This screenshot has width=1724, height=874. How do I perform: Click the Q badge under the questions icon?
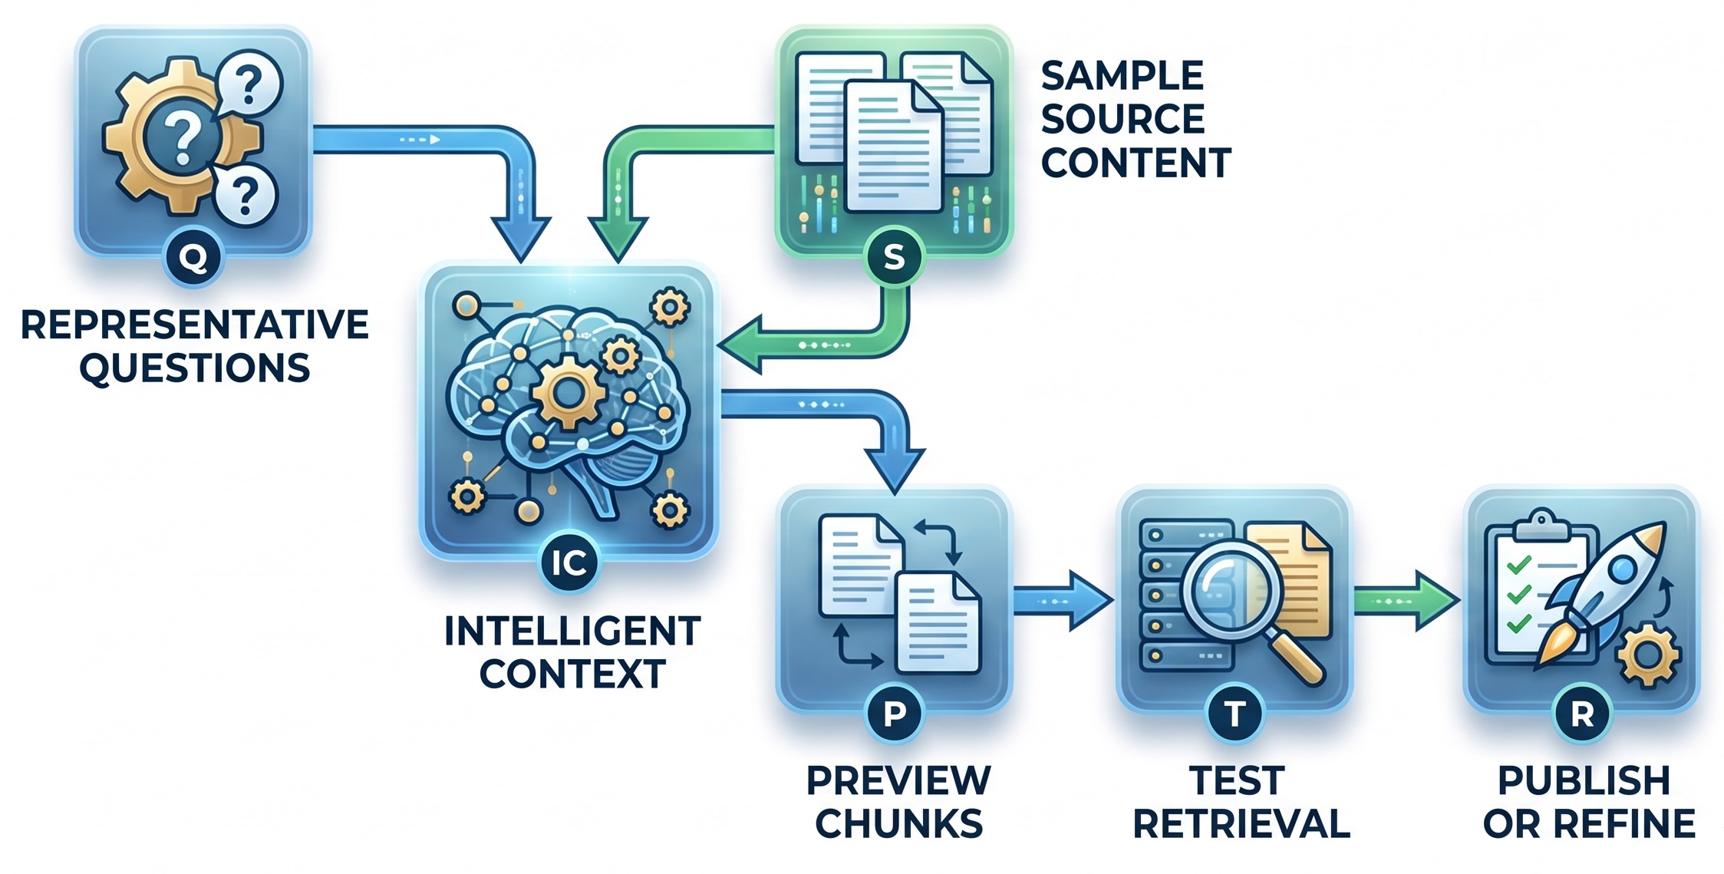193,258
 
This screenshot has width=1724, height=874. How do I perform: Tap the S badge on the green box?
894,257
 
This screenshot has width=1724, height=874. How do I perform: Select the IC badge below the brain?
569,562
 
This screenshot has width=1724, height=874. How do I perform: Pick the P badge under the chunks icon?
895,714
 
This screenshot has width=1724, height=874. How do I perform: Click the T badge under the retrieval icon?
1234,714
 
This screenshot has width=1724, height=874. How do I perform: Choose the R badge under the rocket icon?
1582,714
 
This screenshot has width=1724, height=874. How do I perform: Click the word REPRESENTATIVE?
195,325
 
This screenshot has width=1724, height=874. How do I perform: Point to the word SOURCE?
1122,119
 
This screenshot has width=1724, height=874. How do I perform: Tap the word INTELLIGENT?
572,632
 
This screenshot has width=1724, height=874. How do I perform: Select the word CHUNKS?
898,823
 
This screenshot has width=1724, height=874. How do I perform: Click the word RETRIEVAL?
1241,823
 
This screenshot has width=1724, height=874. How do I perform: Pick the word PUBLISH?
1584,780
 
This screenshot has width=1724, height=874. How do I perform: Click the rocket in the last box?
1604,591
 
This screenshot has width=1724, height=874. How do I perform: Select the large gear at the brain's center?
569,393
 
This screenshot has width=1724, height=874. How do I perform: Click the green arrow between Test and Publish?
1406,601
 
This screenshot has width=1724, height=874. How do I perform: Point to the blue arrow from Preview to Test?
1063,601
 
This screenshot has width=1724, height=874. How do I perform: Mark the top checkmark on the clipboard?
1518,566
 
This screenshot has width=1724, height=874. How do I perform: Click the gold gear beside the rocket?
1647,655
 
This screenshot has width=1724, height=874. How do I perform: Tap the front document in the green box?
892,146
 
